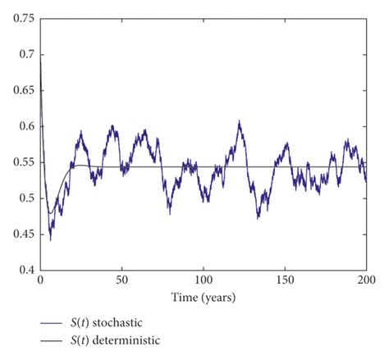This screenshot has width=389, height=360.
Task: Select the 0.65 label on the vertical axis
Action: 21,90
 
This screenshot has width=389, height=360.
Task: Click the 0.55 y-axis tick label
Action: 21,162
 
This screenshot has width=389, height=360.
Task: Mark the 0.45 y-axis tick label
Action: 21,235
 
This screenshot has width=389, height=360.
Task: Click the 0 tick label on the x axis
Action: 40,280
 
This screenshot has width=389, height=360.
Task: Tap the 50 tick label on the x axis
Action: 121,280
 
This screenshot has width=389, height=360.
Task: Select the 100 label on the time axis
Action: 203,280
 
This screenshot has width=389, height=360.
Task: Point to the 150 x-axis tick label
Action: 285,280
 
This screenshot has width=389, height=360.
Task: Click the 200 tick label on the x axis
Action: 366,280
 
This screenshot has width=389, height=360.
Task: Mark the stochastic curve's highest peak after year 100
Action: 240,122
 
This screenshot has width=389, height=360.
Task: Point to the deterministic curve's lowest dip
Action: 49,213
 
